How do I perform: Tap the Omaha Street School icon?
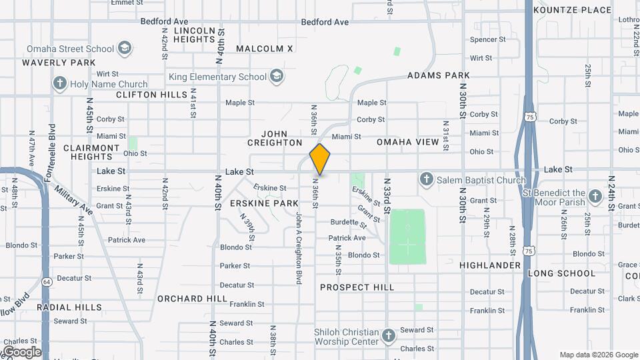125,49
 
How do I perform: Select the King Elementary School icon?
276,77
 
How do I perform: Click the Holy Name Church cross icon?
60,84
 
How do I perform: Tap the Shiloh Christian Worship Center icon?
389,333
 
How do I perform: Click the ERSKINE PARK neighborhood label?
264,203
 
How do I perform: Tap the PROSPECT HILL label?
357,287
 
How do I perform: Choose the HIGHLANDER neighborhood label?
490,265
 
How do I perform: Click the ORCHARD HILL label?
192,299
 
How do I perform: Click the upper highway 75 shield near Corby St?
529,117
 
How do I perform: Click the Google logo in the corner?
21,351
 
